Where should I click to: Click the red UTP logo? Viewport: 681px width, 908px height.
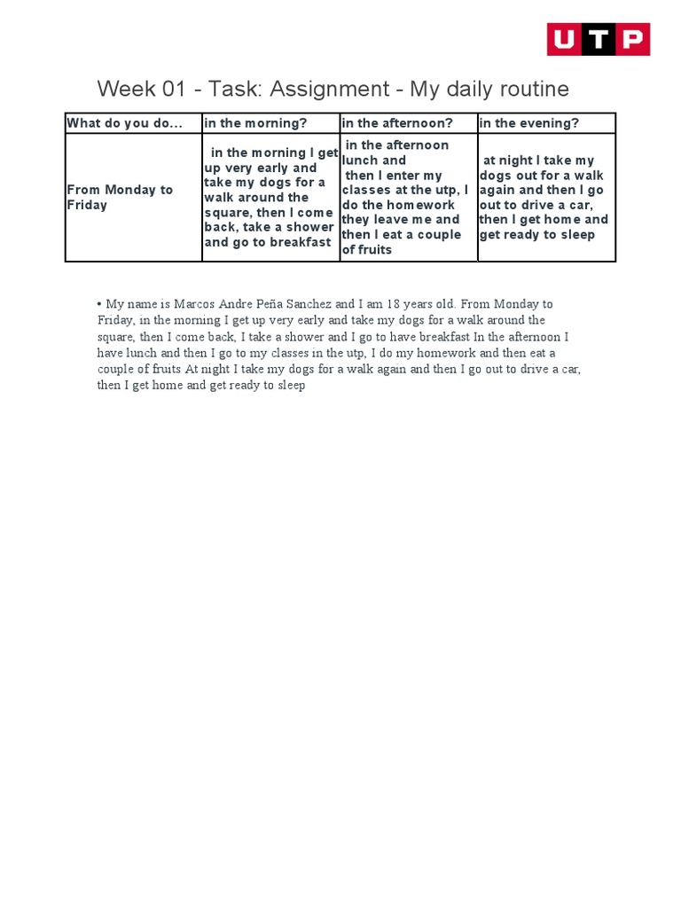tap(598, 40)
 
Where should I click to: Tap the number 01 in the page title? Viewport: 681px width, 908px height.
tap(168, 90)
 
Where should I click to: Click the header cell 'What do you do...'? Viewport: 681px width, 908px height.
tap(124, 123)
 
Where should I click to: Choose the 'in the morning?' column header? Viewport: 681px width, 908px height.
tap(256, 123)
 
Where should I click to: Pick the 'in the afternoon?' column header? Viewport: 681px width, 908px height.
tap(397, 123)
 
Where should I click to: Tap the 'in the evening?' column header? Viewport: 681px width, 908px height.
tap(528, 123)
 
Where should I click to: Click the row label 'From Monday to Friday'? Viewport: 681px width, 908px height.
tap(120, 198)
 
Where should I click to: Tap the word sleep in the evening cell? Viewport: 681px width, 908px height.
tap(577, 235)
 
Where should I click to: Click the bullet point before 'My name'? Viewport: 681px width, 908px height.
tap(99, 304)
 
